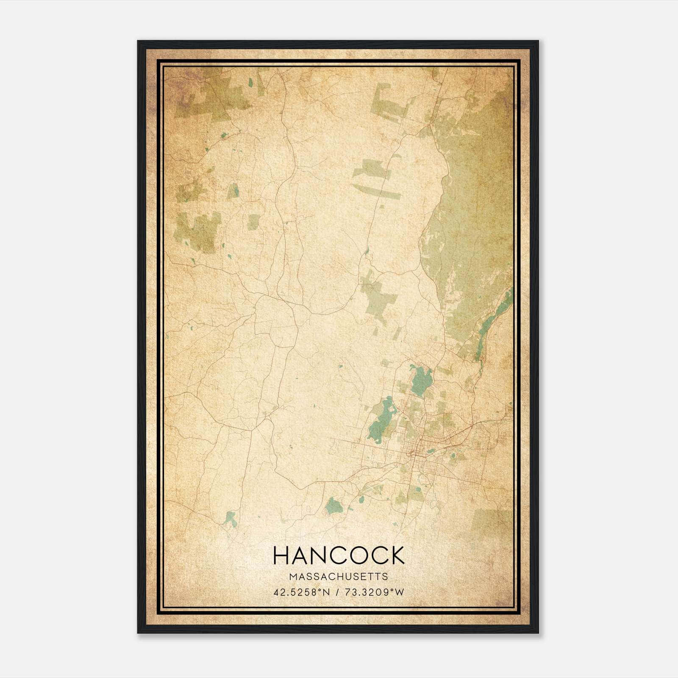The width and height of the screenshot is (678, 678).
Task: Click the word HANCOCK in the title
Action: (x=339, y=556)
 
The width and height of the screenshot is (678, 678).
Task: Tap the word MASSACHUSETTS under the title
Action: (x=339, y=577)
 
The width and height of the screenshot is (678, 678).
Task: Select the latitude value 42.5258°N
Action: (x=302, y=592)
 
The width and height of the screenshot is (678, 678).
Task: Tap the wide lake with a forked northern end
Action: (x=422, y=381)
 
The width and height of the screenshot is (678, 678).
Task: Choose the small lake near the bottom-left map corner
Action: (x=231, y=519)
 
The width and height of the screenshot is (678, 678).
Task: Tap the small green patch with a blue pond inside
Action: (x=233, y=191)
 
